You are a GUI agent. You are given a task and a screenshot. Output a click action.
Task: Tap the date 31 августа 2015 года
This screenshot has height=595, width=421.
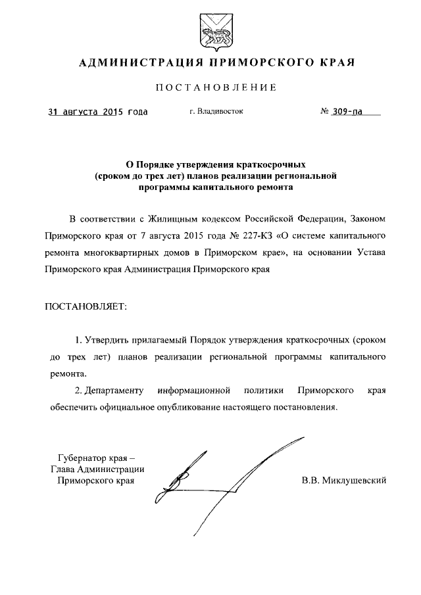pyautogui.click(x=98, y=112)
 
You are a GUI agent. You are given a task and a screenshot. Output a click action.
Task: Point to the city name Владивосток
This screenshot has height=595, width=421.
pyautogui.click(x=220, y=112)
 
